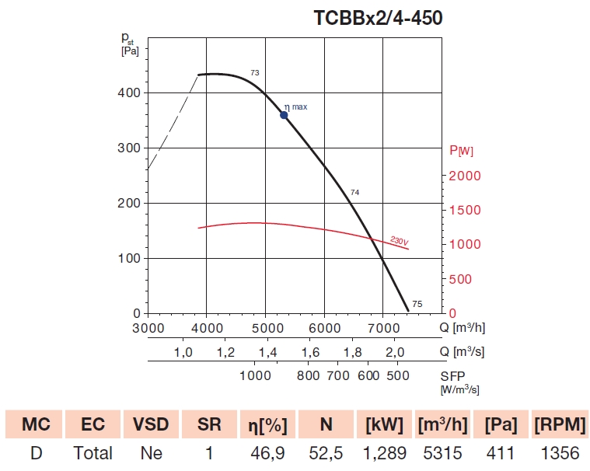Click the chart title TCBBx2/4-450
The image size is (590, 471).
[378, 17]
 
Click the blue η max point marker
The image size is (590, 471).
[284, 115]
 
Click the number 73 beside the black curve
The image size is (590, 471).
[254, 73]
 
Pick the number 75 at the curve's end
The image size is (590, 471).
[417, 304]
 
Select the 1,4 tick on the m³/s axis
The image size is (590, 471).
[268, 353]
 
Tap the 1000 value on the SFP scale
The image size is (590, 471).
[254, 377]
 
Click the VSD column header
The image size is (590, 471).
[150, 424]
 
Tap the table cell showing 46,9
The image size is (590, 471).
[266, 453]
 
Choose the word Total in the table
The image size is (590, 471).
[93, 453]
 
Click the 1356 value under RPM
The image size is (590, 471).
[558, 453]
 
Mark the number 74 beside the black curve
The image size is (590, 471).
[355, 192]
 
